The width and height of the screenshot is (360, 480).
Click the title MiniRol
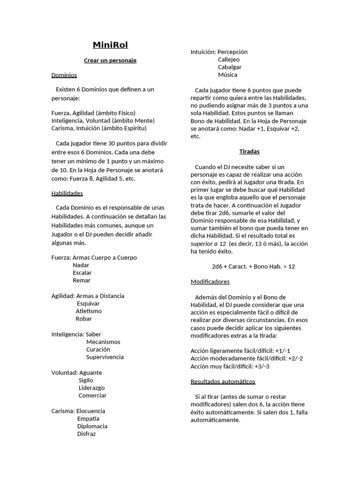(x=110, y=45)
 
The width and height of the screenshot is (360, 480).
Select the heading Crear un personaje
(x=110, y=60)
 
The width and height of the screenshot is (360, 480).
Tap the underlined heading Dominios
(x=64, y=75)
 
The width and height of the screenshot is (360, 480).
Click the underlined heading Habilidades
(x=67, y=193)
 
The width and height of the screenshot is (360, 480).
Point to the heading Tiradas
(x=249, y=152)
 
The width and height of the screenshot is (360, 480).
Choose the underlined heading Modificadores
(x=210, y=282)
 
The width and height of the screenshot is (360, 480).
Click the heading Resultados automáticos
(x=223, y=382)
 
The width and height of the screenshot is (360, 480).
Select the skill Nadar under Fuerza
(x=81, y=265)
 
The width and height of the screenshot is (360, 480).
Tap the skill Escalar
(x=82, y=273)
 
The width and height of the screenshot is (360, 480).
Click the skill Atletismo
(x=89, y=311)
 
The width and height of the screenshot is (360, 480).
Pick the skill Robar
(x=84, y=319)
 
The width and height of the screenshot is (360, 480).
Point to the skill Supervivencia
(x=105, y=357)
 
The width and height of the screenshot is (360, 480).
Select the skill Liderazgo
(x=92, y=388)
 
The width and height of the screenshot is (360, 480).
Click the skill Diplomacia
(x=92, y=427)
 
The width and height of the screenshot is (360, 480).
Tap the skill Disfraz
(x=87, y=434)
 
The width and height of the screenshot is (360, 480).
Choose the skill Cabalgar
(x=230, y=67)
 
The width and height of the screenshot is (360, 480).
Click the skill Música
(x=228, y=75)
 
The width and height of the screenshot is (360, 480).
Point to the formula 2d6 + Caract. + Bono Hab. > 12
(x=254, y=267)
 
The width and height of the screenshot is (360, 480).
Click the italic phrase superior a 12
(x=208, y=244)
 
